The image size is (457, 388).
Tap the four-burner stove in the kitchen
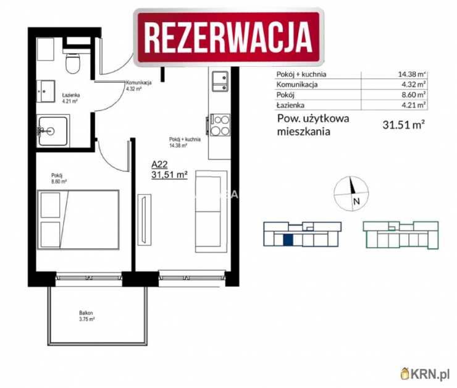(x=220, y=126)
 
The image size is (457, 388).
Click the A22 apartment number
(x=160, y=165)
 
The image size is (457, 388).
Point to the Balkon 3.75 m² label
(x=86, y=316)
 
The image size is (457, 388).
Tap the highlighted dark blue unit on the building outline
(x=288, y=240)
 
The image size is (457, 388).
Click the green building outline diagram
(x=401, y=235)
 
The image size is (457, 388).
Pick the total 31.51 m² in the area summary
(x=403, y=125)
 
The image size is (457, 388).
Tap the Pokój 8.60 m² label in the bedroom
(x=59, y=178)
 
